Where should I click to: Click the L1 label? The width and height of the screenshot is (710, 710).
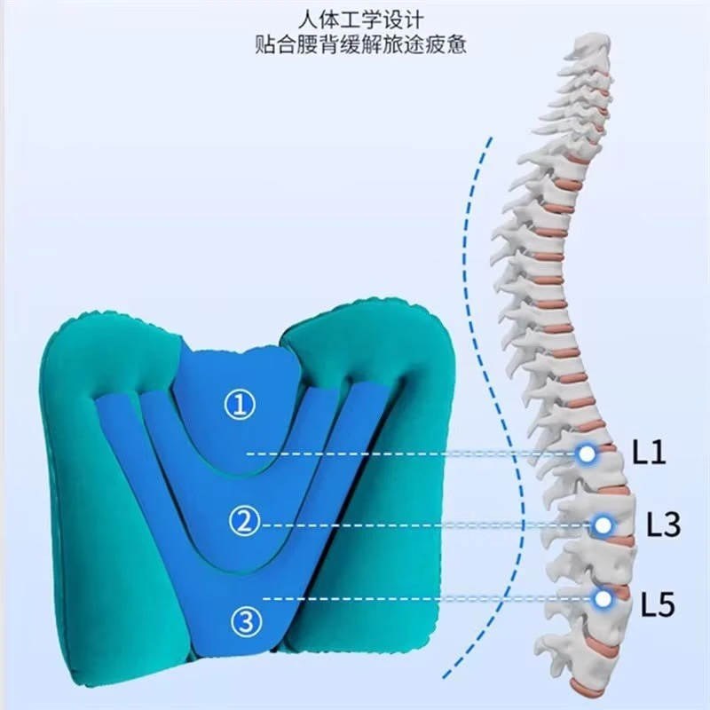click(649, 452)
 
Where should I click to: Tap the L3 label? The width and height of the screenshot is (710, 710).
click(663, 525)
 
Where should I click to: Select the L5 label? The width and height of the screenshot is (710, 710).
click(658, 604)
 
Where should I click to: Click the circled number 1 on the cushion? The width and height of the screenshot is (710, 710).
click(240, 405)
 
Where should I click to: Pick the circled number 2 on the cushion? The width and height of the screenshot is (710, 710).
click(245, 521)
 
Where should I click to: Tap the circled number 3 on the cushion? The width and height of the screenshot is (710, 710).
click(247, 621)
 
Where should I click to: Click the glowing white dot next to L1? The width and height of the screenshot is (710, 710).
click(587, 454)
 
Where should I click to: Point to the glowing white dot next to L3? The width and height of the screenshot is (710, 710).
click(603, 525)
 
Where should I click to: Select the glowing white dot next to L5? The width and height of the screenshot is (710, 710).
click(603, 598)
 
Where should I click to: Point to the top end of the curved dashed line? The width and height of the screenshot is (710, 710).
click(490, 138)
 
